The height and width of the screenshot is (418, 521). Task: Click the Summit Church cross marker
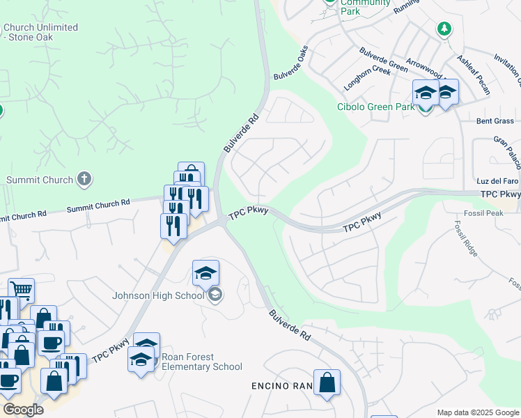84,179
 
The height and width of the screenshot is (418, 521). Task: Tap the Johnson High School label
159,295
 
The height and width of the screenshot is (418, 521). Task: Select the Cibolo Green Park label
375,107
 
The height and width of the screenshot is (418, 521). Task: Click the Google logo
23,409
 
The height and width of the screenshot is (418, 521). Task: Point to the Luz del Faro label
494,182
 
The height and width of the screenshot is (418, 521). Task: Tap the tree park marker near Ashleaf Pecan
444,29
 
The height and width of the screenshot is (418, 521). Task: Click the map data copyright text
478,412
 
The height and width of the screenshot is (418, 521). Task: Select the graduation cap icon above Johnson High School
205,272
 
